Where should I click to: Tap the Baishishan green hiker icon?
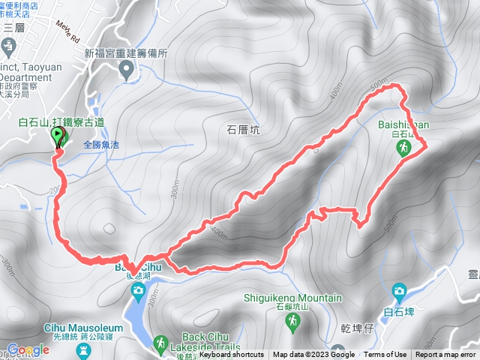pos(404,150)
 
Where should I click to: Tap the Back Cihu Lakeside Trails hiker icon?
pos(160,344)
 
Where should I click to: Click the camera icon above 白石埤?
pos(399,290)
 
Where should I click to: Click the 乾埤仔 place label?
pos(355,328)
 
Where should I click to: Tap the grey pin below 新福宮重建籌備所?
pos(126,70)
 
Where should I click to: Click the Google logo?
pos(28,349)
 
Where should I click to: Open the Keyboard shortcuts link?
pos(232,355)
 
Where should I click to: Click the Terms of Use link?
pos(385,355)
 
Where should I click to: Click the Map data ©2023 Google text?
pos(313,355)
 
